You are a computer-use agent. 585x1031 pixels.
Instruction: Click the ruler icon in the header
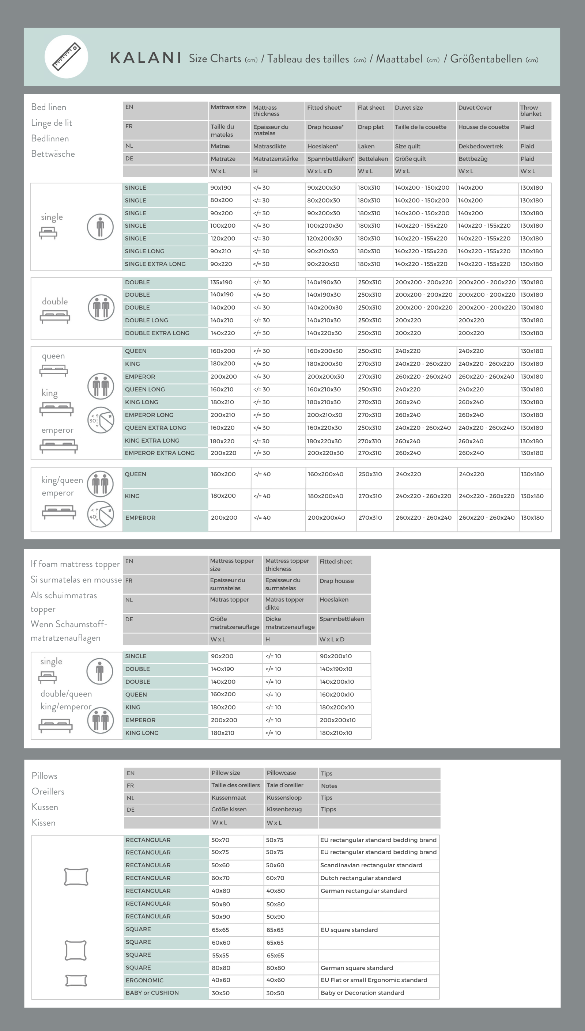66,57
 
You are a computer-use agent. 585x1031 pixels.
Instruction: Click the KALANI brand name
146,58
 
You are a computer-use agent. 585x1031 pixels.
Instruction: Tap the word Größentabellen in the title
486,59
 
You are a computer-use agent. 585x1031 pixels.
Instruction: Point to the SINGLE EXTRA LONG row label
155,264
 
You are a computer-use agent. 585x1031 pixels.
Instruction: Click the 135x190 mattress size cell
221,283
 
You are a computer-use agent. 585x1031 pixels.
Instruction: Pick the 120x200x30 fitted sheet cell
324,239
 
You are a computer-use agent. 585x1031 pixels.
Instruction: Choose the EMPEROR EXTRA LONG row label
159,453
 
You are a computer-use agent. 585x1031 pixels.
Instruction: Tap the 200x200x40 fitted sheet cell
326,518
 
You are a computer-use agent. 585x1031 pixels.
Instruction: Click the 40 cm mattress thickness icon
101,514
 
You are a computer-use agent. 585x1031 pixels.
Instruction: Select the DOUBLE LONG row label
146,321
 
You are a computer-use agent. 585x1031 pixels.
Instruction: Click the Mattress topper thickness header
287,565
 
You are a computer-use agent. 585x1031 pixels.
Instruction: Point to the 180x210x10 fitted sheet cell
336,733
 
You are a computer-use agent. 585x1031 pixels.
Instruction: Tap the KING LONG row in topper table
142,733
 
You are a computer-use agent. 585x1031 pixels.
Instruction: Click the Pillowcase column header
281,773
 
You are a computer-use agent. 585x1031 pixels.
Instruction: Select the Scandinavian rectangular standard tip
371,865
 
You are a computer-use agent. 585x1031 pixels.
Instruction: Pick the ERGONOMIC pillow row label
144,981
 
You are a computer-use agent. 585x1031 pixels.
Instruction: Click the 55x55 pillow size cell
220,955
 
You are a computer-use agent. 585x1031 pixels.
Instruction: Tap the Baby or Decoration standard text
362,993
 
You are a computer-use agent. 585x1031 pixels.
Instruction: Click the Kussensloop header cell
284,798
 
